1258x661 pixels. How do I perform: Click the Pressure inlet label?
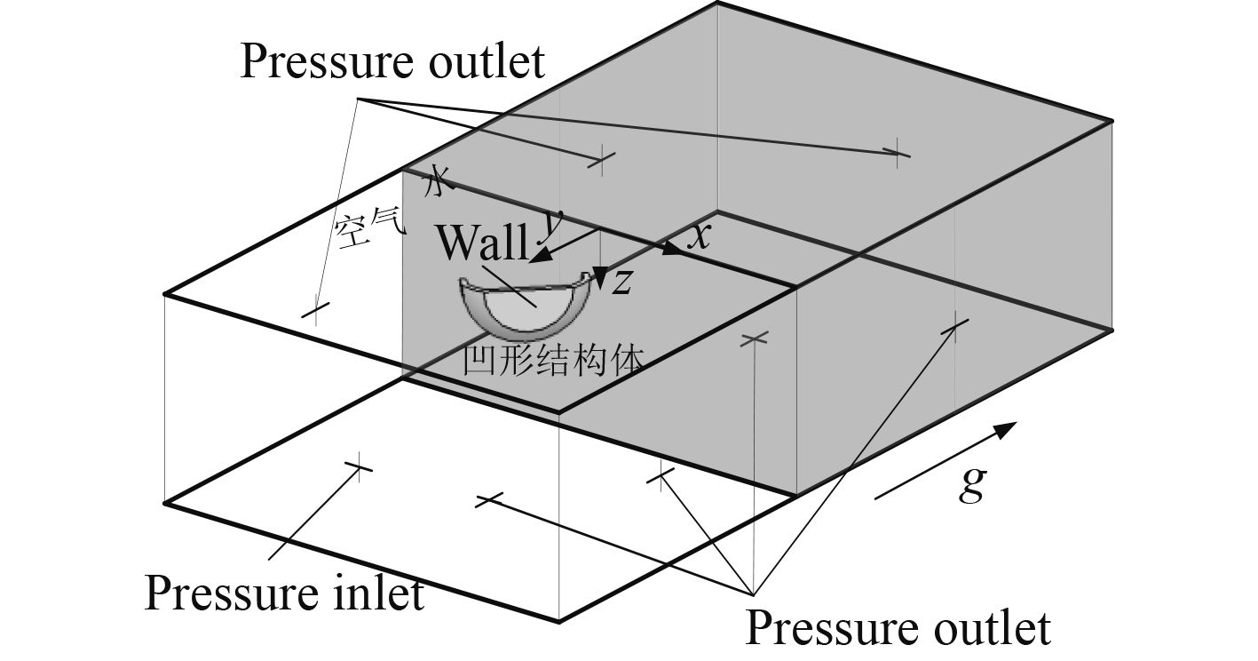pos(284,593)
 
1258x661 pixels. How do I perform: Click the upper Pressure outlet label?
pos(392,62)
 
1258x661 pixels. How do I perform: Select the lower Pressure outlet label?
pos(897,627)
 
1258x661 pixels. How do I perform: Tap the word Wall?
pos(482,242)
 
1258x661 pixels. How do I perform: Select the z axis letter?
pos(623,281)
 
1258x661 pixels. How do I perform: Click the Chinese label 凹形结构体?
pos(552,360)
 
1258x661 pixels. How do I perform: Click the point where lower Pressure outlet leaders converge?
pos(753,594)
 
